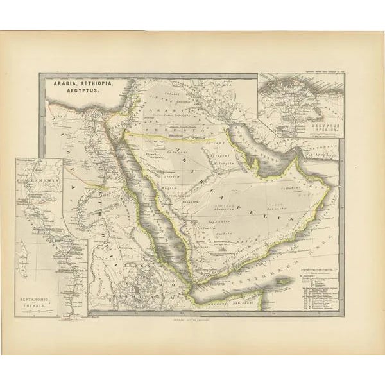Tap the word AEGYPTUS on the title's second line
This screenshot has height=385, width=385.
[x=65, y=91]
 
